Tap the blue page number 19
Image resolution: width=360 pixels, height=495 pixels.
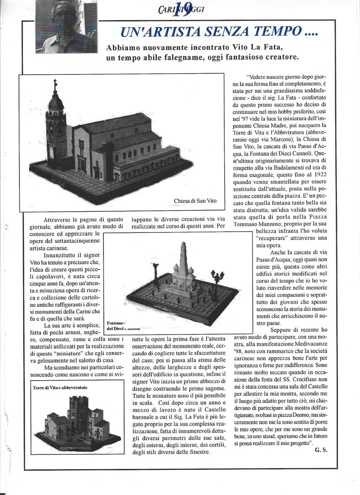(x=182, y=9)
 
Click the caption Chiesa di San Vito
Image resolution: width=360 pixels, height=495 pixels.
(x=195, y=201)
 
